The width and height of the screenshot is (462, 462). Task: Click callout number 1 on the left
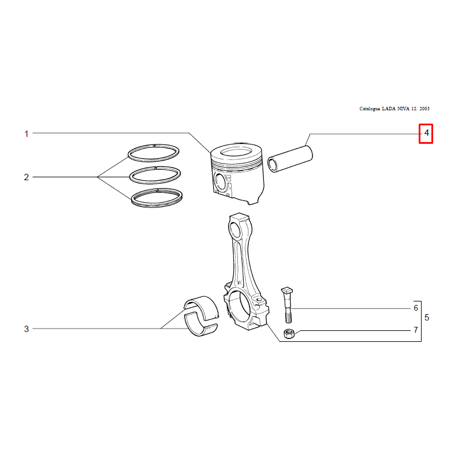(x=26, y=134)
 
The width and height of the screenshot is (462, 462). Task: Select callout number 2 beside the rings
(x=26, y=177)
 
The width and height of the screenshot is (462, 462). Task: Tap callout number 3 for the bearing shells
(x=26, y=329)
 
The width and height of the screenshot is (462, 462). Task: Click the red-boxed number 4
(x=426, y=133)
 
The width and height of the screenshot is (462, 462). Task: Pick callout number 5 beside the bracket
(x=427, y=318)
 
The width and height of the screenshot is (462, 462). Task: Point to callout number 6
(x=416, y=308)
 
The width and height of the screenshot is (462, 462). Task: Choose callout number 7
(x=416, y=330)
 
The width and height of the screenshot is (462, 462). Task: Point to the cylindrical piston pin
(x=290, y=159)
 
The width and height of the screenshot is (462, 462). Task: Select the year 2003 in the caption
(x=424, y=109)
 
